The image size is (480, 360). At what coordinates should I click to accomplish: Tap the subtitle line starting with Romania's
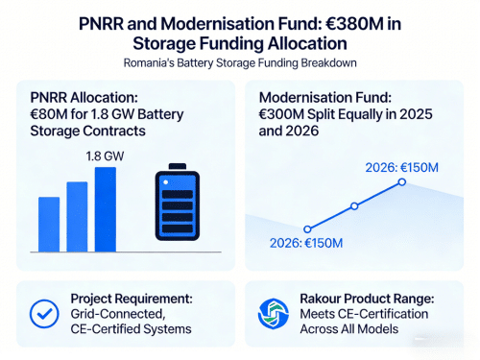pos(240,64)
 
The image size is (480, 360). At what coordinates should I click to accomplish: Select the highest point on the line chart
pos(403,180)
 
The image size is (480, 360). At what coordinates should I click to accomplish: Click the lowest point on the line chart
pos(307,228)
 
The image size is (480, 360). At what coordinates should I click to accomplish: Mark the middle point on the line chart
pos(354,206)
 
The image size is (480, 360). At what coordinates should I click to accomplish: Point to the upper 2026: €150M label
pos(402,166)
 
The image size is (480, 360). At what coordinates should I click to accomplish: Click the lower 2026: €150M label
pos(308,243)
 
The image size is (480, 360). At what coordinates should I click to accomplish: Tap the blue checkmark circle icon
pos(41,313)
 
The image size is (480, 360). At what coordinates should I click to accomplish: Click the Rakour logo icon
pos(273,313)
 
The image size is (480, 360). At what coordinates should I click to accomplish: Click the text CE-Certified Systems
pos(131,329)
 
